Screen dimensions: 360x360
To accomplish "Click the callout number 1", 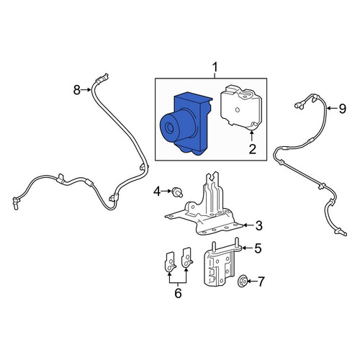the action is pyautogui.click(x=215, y=67).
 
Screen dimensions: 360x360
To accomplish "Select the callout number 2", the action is pyautogui.click(x=252, y=149).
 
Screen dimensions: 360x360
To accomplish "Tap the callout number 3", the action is pyautogui.click(x=258, y=225).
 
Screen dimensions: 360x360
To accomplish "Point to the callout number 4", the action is pyautogui.click(x=157, y=192).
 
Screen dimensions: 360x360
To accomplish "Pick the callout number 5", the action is pyautogui.click(x=258, y=248).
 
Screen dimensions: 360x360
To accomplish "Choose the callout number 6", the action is pyautogui.click(x=178, y=293).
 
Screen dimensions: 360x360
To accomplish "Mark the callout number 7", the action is pyautogui.click(x=261, y=282).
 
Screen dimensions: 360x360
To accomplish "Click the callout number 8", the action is pyautogui.click(x=76, y=90).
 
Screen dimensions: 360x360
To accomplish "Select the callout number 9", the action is pyautogui.click(x=343, y=109).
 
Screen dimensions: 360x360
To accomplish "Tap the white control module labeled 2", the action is pyautogui.click(x=241, y=106).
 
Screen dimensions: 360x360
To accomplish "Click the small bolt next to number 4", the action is pyautogui.click(x=177, y=192).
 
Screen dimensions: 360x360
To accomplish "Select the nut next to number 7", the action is pyautogui.click(x=242, y=282).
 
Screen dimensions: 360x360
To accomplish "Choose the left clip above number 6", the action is pyautogui.click(x=170, y=261).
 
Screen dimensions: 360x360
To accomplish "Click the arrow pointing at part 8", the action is pyautogui.click(x=86, y=90).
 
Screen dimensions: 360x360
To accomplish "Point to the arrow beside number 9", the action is pyautogui.click(x=332, y=109).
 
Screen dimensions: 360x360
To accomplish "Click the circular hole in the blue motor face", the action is pyautogui.click(x=170, y=128).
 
